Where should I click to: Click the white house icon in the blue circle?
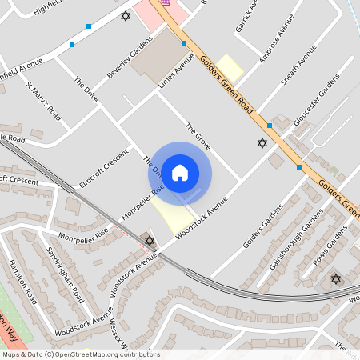pos(180,172)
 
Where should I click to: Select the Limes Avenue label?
pos(177,71)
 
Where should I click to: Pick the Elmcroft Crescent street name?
pos(104,167)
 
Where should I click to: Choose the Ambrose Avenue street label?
pos(272,49)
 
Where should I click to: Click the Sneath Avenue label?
pos(298,72)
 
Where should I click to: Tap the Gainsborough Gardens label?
pos(296,239)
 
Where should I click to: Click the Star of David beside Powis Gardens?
pos(335,278)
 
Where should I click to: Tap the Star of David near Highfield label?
pos(125,15)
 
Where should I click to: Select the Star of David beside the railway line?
pos(149,240)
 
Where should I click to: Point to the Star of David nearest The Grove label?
pos(261,143)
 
